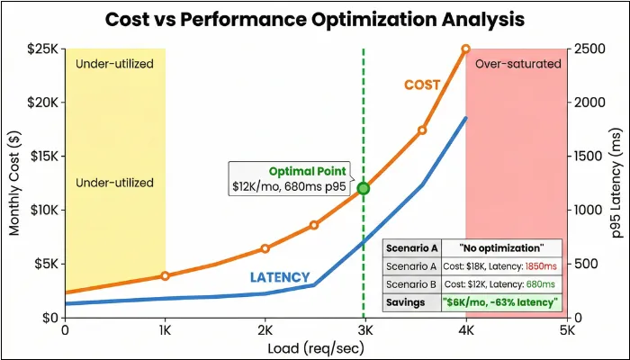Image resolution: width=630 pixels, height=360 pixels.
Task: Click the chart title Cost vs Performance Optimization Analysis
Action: point(315,20)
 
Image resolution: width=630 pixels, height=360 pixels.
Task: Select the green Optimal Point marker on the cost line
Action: point(363,188)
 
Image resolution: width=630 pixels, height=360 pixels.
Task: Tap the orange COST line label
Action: point(421,85)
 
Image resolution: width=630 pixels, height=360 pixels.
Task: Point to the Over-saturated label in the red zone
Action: point(517,64)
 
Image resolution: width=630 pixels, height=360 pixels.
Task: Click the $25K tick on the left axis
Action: point(40,48)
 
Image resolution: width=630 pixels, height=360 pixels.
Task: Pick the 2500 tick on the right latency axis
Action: point(590,48)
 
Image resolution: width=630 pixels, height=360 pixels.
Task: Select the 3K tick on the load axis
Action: point(364,330)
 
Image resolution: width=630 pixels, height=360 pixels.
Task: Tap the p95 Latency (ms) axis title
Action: point(616,183)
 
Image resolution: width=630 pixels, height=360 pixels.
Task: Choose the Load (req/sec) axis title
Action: point(315,347)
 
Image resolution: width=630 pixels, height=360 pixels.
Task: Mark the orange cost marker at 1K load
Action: point(165,275)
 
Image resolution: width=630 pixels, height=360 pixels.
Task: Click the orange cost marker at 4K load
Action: point(465,49)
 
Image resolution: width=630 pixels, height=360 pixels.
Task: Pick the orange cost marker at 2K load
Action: point(265,248)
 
